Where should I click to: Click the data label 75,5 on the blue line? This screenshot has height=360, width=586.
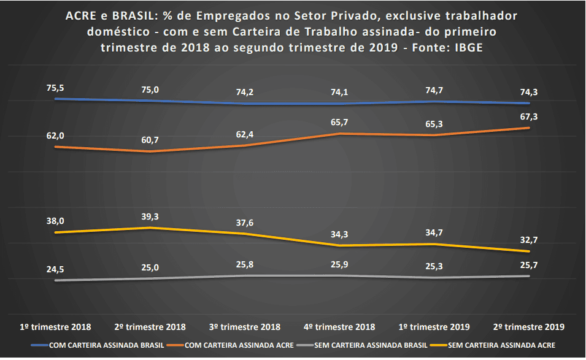click(55, 88)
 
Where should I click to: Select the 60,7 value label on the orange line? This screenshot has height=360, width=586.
click(150, 140)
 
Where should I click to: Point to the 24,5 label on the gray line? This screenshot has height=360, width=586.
click(55, 268)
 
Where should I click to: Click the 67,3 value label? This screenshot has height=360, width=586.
click(528, 117)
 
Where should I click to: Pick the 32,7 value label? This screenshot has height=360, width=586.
click(528, 240)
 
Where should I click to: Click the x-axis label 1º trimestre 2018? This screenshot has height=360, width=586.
click(56, 327)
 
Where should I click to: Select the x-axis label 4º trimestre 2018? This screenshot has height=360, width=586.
click(339, 327)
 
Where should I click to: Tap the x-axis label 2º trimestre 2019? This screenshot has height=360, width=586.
click(528, 327)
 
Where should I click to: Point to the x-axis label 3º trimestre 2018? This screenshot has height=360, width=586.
click(245, 327)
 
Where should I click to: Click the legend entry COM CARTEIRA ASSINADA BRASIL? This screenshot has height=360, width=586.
click(98, 345)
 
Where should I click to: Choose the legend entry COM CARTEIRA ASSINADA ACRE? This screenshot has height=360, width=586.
click(237, 345)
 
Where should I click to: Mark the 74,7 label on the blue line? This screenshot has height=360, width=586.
click(434, 90)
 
